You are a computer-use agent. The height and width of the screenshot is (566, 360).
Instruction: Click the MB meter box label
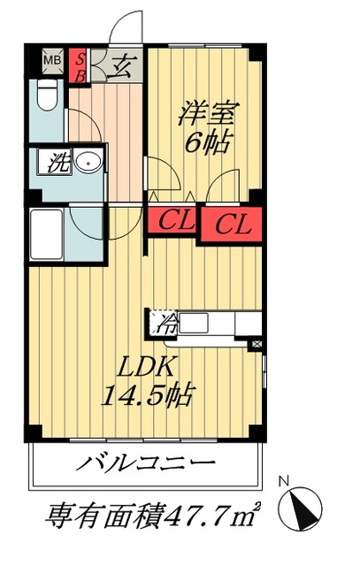point(52,60)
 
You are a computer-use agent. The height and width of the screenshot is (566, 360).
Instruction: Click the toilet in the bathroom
point(49,96)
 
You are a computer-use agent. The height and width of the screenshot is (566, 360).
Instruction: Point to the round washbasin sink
point(86,163)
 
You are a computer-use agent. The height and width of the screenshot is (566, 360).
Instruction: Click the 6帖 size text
point(204,142)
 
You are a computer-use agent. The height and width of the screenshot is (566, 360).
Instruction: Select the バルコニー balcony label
point(147,463)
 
